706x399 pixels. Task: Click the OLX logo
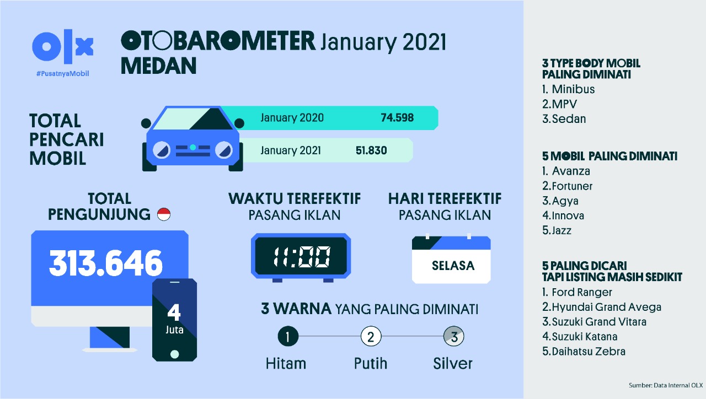click(63, 46)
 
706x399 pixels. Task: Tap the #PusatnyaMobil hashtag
click(63, 74)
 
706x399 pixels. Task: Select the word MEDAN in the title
click(158, 66)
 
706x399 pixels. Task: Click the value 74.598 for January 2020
click(397, 118)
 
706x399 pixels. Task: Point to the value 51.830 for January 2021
click(371, 150)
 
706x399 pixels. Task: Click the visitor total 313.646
click(106, 263)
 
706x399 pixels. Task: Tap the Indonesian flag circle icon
click(164, 214)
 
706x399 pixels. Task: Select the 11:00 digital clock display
click(301, 256)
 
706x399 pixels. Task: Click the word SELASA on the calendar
click(453, 266)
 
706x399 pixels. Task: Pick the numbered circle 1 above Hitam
click(288, 337)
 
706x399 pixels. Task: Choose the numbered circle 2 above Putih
click(371, 337)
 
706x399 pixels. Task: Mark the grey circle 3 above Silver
click(454, 337)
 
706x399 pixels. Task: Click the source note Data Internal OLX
click(678, 385)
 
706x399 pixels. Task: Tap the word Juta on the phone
click(174, 330)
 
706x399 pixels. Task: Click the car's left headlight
click(162, 150)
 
